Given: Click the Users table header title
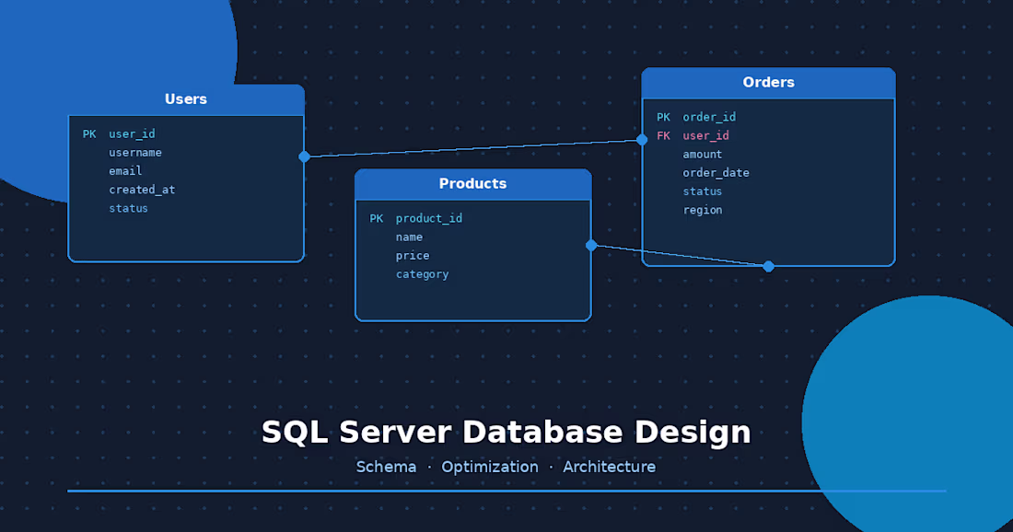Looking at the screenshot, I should pos(186,99).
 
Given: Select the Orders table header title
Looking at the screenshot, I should pos(768,83).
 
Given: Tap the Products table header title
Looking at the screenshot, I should pos(472,184).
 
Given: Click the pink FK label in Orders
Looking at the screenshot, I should pos(663,136).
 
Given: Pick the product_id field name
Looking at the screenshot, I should pos(429,219).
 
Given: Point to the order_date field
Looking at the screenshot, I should pos(716,173).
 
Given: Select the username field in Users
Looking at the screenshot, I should pos(135,153).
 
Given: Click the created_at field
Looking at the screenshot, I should pos(142,190).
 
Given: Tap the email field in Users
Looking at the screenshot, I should pos(125,171).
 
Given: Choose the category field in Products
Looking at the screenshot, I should pos(422,274).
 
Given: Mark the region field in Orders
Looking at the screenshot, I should pos(702,210).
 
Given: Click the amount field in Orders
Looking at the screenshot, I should pos(702,155).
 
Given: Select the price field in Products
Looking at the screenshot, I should pos(413,256).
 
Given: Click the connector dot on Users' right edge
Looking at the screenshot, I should pos(304,156).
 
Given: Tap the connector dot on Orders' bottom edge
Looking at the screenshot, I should pos(769,266).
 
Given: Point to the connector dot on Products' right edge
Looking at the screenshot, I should pos(591,245).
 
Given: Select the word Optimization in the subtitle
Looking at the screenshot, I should pos(490,468).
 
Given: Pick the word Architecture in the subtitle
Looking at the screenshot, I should pos(610,468).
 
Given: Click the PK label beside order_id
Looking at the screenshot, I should pos(663,118).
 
